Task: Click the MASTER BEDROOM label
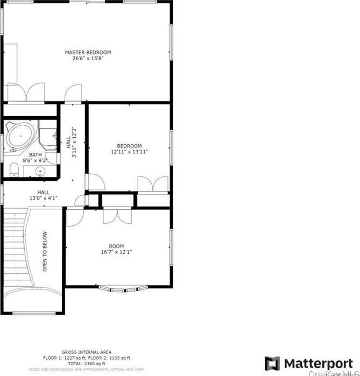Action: click(88, 52)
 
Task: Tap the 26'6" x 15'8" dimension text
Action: click(88, 58)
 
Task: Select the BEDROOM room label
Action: click(129, 146)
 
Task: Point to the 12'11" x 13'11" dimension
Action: click(129, 152)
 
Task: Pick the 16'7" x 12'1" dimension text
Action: click(116, 252)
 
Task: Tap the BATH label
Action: click(27, 154)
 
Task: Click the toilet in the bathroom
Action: click(15, 171)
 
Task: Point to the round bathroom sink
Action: click(40, 172)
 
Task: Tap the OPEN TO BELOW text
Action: click(45, 251)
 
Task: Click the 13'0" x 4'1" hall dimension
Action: click(43, 198)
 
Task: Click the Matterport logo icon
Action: click(272, 363)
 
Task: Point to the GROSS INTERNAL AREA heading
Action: click(86, 350)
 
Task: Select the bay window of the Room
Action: click(119, 288)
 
